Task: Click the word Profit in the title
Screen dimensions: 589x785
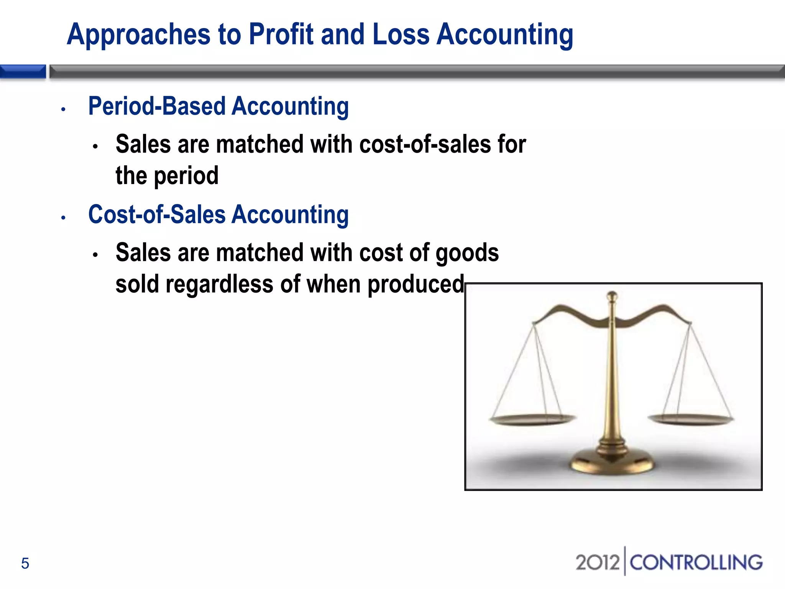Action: pyautogui.click(x=281, y=35)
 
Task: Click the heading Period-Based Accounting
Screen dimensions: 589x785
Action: pyautogui.click(x=218, y=106)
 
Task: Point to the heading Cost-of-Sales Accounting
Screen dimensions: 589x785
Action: pyautogui.click(x=218, y=215)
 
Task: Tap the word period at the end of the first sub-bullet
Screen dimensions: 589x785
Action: pyautogui.click(x=186, y=176)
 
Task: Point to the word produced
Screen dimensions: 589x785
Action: pyautogui.click(x=416, y=285)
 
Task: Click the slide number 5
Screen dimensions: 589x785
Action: pyautogui.click(x=25, y=563)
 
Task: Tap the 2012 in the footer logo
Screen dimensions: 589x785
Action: pyautogui.click(x=597, y=563)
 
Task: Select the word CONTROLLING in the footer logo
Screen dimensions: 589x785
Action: pyautogui.click(x=696, y=563)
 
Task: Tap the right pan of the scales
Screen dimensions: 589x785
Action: pyautogui.click(x=691, y=419)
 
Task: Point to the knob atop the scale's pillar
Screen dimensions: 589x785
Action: pyautogui.click(x=612, y=296)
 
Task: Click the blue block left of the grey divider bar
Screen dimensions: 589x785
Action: pyautogui.click(x=23, y=72)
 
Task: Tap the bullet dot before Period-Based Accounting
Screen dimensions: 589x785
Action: pyautogui.click(x=64, y=110)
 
